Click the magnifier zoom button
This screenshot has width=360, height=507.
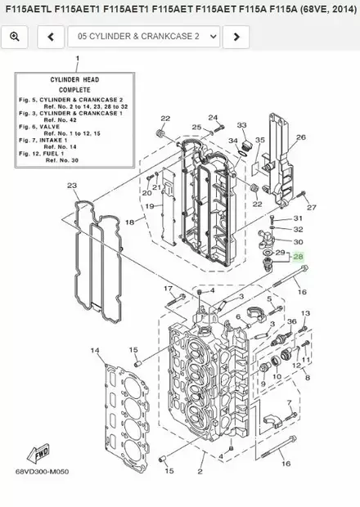point(15,37)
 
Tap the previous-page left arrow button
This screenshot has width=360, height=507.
point(51,37)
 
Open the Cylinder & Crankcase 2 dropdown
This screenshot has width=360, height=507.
point(144,37)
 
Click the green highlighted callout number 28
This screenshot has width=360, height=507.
point(298,257)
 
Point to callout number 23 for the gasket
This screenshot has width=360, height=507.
point(72,186)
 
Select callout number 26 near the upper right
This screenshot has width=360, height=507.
point(301,137)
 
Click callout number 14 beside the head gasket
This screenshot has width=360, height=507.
point(95,350)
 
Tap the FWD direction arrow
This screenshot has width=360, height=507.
point(38,452)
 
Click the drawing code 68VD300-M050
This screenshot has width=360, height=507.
point(42,472)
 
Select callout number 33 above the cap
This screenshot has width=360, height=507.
point(241,125)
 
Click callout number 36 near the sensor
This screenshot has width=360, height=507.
point(292,321)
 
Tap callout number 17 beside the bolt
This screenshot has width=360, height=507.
point(169,289)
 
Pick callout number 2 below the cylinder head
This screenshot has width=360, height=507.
point(200,472)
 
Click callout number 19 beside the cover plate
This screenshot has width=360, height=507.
point(150,206)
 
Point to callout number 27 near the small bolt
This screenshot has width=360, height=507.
point(311,207)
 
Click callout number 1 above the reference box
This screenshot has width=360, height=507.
point(77,58)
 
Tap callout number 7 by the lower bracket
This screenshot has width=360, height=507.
point(289,402)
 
